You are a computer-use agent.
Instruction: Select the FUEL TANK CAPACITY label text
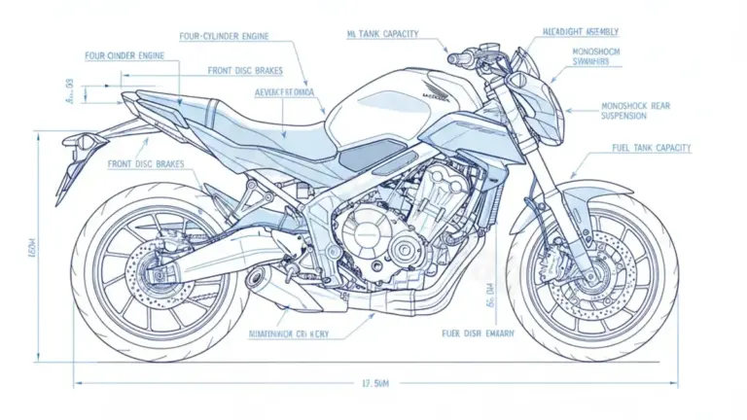651,149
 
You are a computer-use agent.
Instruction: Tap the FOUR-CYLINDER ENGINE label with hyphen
225,36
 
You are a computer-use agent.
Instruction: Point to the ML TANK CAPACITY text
382,34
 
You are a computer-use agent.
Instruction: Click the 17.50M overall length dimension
375,382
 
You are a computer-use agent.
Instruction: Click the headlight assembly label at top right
586,32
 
